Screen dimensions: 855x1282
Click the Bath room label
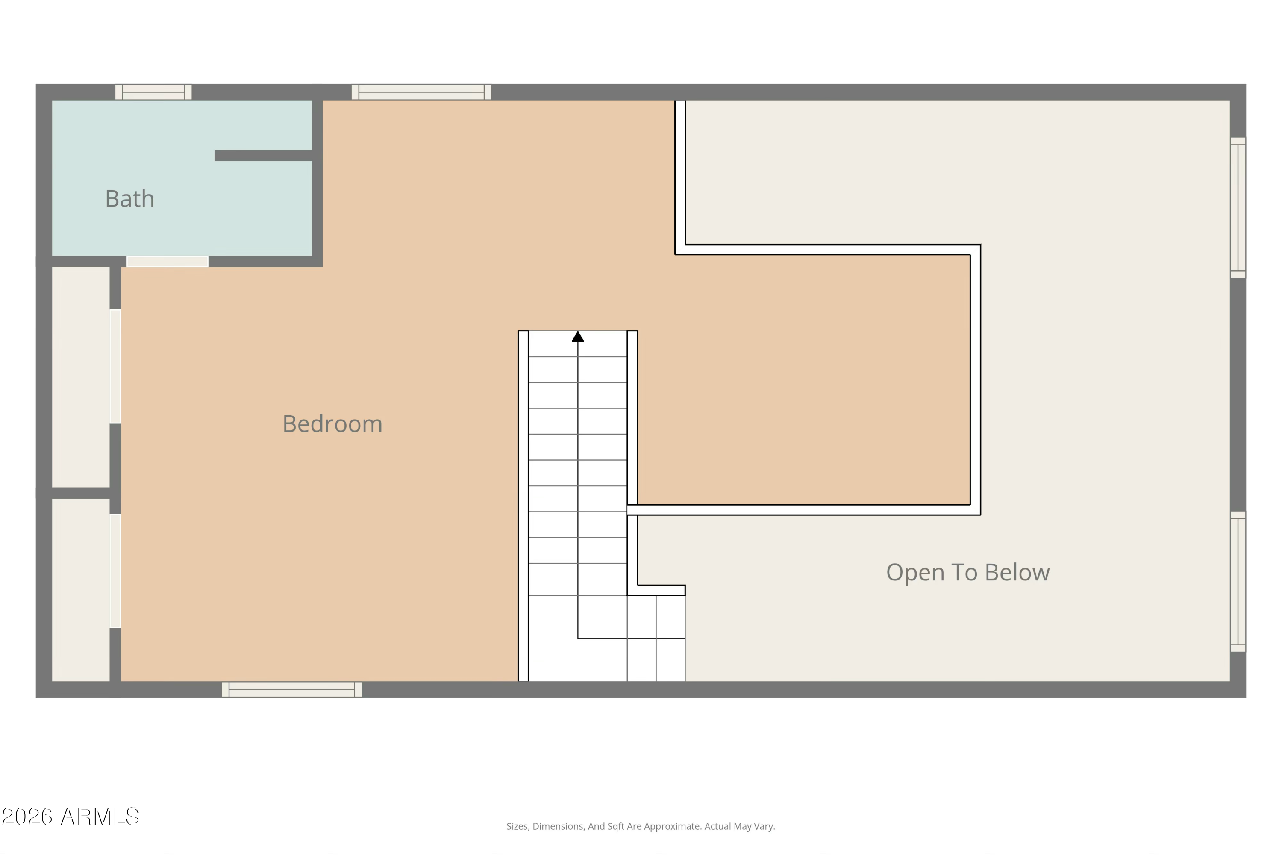[x=129, y=198]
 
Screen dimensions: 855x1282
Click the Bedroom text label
[x=332, y=424]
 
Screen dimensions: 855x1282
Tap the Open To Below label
[x=967, y=572]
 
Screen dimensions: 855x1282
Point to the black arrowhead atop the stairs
[x=577, y=337]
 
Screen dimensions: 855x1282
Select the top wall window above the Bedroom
[x=421, y=92]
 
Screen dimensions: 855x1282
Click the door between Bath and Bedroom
[x=167, y=262]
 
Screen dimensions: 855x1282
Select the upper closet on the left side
[x=81, y=376]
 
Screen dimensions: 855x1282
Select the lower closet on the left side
[x=81, y=589]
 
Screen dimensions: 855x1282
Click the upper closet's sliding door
[x=115, y=367]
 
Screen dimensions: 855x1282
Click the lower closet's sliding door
[x=115, y=571]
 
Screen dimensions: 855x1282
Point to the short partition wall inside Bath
[x=263, y=155]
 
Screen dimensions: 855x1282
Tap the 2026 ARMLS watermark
[x=71, y=816]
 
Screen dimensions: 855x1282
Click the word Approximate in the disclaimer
[x=674, y=826]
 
